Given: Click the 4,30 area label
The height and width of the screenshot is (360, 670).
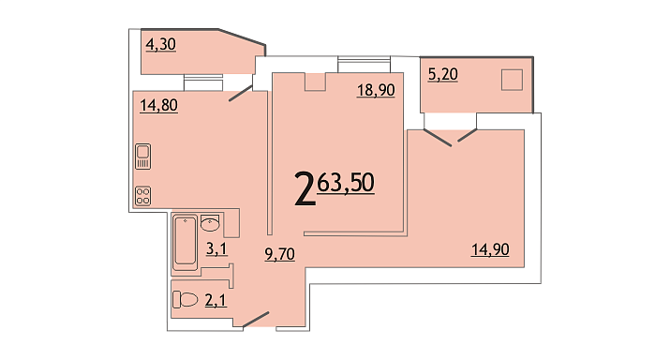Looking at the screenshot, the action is pos(160,44).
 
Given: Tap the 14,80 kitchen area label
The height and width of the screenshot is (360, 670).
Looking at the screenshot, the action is pos(158,105).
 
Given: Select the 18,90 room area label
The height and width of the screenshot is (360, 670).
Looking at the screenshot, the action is pos(376,90).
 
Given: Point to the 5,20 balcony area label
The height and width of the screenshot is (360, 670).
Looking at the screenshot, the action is pos(442,74).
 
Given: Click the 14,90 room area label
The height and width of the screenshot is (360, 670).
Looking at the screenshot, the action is pos(490,249).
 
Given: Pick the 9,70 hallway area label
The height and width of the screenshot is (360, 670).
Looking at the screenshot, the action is pos(280,254).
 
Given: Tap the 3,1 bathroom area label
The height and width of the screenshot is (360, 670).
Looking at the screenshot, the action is pos(216,248).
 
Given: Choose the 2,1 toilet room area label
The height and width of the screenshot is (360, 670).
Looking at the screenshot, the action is pos(216,301).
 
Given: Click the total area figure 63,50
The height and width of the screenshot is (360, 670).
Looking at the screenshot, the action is pos(346,183).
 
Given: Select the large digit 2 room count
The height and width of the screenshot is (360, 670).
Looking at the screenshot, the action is pos(305,188).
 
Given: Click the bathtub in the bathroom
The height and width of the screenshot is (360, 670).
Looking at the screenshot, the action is pos(186,243).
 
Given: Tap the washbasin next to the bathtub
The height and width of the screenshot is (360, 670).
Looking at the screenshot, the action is pos(210,223).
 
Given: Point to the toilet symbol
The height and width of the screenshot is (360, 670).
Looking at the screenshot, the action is pos(185,299).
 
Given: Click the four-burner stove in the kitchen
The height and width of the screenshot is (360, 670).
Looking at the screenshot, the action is pos(143,196).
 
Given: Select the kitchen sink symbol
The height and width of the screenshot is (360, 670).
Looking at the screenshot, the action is pos(143,157).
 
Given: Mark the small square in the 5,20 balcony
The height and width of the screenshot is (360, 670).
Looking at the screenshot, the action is pos(512,80).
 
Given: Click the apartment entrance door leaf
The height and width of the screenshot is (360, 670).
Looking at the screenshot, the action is pos(256,321).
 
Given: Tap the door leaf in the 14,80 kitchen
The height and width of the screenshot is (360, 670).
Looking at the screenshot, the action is pos(241,93).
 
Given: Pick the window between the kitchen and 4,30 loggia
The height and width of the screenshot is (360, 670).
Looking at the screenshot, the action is pos(203,82).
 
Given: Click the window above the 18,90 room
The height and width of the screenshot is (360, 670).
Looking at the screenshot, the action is pos(365,64).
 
